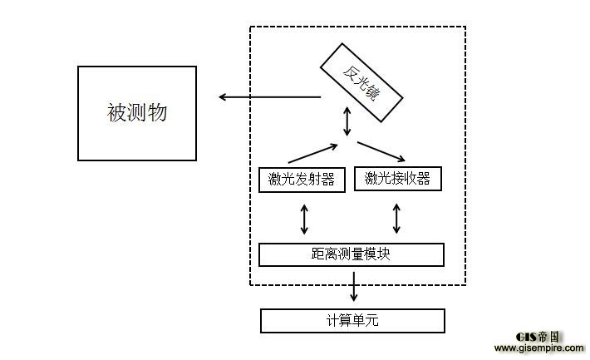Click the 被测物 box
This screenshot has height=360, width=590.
[x=137, y=113]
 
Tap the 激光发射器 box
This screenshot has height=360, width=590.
[x=302, y=179]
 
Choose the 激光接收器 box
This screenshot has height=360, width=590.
[x=396, y=178]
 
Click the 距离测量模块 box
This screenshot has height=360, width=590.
[x=351, y=254]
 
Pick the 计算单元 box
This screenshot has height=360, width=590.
[x=352, y=320]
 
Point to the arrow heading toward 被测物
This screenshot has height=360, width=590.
[x=269, y=97]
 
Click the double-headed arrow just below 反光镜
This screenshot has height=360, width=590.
[x=348, y=123]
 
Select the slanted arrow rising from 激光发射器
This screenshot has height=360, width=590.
[x=312, y=153]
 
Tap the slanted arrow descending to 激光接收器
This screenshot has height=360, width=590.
[x=381, y=150]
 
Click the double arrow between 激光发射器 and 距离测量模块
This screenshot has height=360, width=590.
[x=305, y=218]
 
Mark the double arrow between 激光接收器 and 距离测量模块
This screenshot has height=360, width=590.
[x=396, y=218]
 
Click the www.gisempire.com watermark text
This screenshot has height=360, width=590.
[x=539, y=348]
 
